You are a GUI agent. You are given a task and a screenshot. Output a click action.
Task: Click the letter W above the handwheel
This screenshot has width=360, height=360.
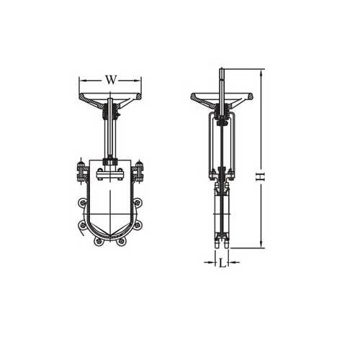[x=110, y=79]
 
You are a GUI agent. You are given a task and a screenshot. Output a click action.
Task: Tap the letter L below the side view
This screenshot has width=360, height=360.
[x=222, y=264]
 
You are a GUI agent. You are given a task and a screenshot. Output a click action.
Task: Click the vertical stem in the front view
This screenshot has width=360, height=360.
[x=110, y=137]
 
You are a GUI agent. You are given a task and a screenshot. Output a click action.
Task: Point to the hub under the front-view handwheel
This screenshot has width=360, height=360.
[x=110, y=112]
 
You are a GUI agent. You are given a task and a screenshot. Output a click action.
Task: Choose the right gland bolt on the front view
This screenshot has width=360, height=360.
[x=140, y=173]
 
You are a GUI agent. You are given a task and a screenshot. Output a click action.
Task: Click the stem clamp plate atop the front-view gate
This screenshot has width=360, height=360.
[x=110, y=172]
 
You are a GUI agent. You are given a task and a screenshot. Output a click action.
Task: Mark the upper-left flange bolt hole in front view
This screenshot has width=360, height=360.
[x=81, y=212]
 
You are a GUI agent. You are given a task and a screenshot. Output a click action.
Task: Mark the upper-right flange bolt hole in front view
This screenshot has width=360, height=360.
[x=139, y=212]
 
